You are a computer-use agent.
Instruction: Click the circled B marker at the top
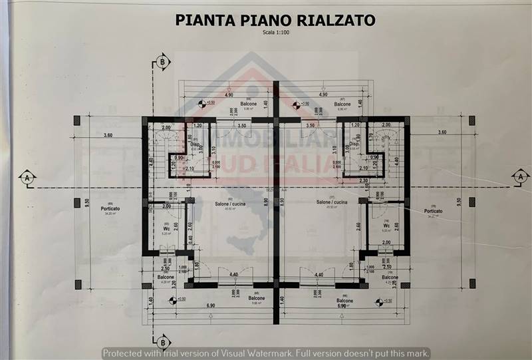pos(162,62)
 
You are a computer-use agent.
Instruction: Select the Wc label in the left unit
pos(167,228)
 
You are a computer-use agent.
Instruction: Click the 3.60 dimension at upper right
pos(442,132)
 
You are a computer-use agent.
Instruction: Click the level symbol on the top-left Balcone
pos(201,103)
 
